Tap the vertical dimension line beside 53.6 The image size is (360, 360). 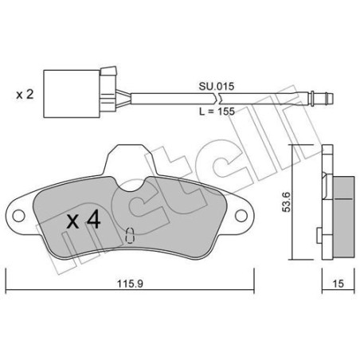click(x=292, y=203)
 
